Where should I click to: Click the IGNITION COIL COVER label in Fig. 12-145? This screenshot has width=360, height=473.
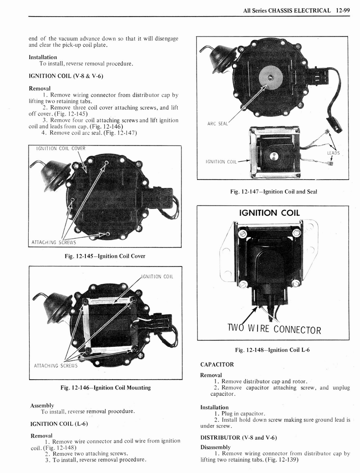point(60,148)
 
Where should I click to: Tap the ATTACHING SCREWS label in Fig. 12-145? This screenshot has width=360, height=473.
point(54,242)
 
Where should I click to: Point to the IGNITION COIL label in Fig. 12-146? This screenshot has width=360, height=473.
point(157,277)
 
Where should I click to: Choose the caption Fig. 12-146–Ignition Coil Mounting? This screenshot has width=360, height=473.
point(105,388)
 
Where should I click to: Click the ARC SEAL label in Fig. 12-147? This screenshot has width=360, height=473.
point(217,123)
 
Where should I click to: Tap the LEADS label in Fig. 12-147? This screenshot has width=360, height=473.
point(333,153)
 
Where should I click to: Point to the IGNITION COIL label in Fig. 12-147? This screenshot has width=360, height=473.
point(221,162)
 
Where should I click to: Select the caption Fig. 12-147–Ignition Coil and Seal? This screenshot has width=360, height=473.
point(273,192)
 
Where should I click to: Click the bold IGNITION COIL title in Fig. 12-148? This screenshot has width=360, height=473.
point(269,213)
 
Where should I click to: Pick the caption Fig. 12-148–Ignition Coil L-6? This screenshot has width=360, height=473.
point(272,350)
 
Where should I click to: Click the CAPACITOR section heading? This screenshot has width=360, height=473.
point(217,364)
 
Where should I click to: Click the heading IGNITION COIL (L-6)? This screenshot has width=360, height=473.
point(59,424)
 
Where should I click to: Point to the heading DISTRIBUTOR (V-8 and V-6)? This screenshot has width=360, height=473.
point(238,437)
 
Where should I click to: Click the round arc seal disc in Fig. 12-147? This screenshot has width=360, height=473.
point(270,77)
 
